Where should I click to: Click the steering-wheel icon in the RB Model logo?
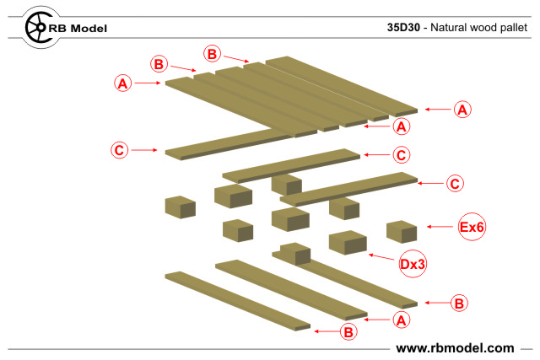point(37,28)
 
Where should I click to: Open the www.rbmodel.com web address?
point(455,347)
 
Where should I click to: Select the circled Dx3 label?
point(412,264)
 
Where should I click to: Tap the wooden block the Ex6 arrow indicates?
point(402,231)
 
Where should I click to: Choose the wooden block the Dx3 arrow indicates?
point(348,243)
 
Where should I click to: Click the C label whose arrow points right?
point(120,150)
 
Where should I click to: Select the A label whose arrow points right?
point(123,83)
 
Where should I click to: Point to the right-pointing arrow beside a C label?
point(145,150)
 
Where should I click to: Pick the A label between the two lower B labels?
point(402,320)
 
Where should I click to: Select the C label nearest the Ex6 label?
point(455,182)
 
